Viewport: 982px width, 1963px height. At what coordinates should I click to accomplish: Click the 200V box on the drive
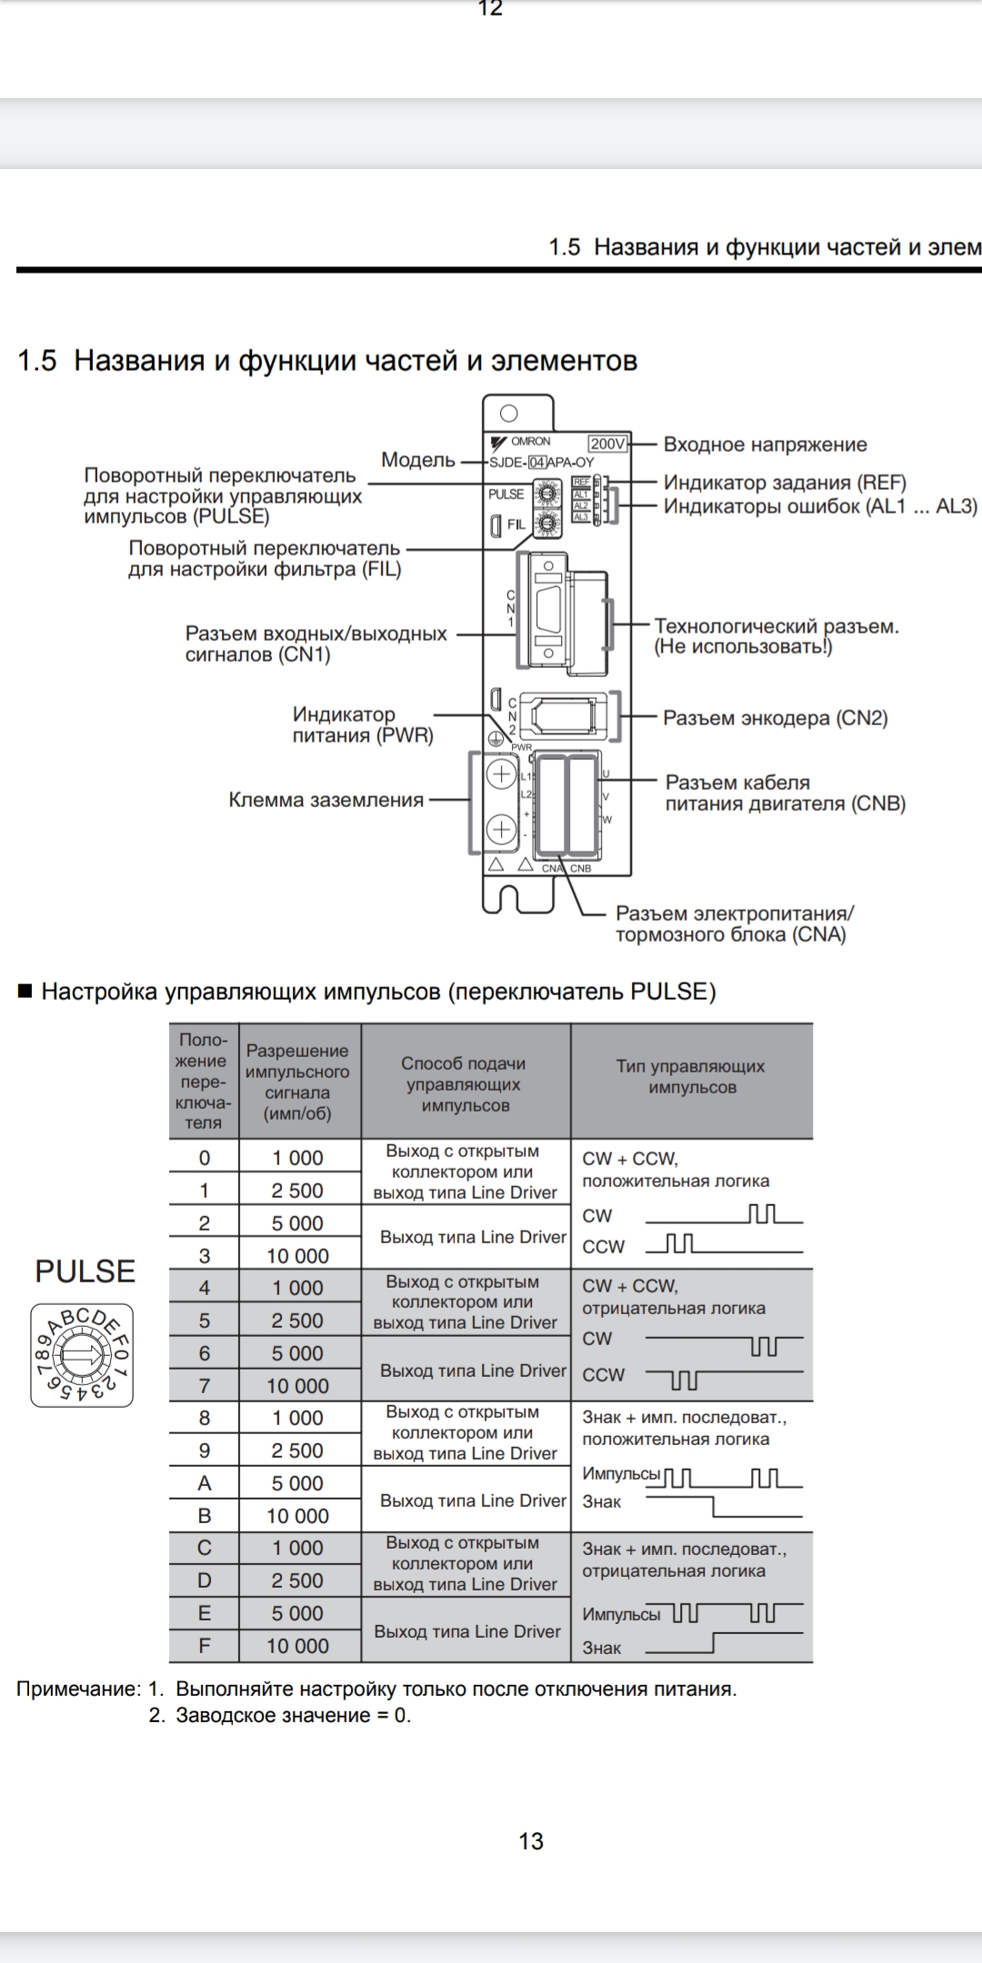coord(607,443)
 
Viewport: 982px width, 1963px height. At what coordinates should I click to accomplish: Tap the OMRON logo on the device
coord(522,442)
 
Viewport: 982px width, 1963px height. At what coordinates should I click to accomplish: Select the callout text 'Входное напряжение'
coord(765,444)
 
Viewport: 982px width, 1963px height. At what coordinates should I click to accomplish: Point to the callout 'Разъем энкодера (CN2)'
coord(775,718)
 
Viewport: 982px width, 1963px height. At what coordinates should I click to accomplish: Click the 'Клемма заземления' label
coord(326,800)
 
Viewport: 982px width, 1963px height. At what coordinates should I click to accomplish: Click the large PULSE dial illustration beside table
coord(82,1355)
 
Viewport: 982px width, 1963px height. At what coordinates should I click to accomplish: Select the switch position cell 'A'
coord(204,1483)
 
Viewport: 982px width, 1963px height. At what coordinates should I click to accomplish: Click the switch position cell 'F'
coord(204,1646)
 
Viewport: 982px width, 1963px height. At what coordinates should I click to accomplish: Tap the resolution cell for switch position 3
coord(297,1256)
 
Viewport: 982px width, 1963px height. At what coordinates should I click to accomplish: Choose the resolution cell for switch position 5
coord(297,1320)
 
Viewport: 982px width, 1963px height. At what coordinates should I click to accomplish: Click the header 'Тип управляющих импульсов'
coord(691,1077)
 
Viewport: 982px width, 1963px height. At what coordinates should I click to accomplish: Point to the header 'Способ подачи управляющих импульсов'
coord(465,1083)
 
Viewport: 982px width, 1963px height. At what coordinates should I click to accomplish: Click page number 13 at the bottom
coord(531,1841)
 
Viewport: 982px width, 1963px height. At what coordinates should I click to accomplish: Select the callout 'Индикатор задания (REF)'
coord(785,483)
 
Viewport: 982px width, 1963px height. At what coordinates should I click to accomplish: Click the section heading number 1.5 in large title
coord(36,361)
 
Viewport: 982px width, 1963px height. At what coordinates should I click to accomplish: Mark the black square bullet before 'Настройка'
coord(25,991)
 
